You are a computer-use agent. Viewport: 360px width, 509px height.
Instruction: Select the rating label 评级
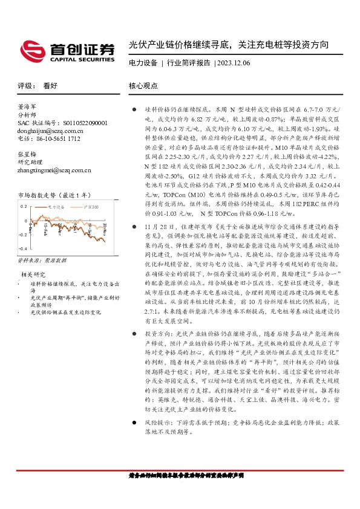pos(25,86)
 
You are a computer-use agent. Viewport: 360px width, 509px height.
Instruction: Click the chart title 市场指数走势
pos(36,195)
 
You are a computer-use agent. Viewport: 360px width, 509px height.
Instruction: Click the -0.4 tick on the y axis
pos(22,248)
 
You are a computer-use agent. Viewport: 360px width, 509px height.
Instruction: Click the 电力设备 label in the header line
pos(143,63)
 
